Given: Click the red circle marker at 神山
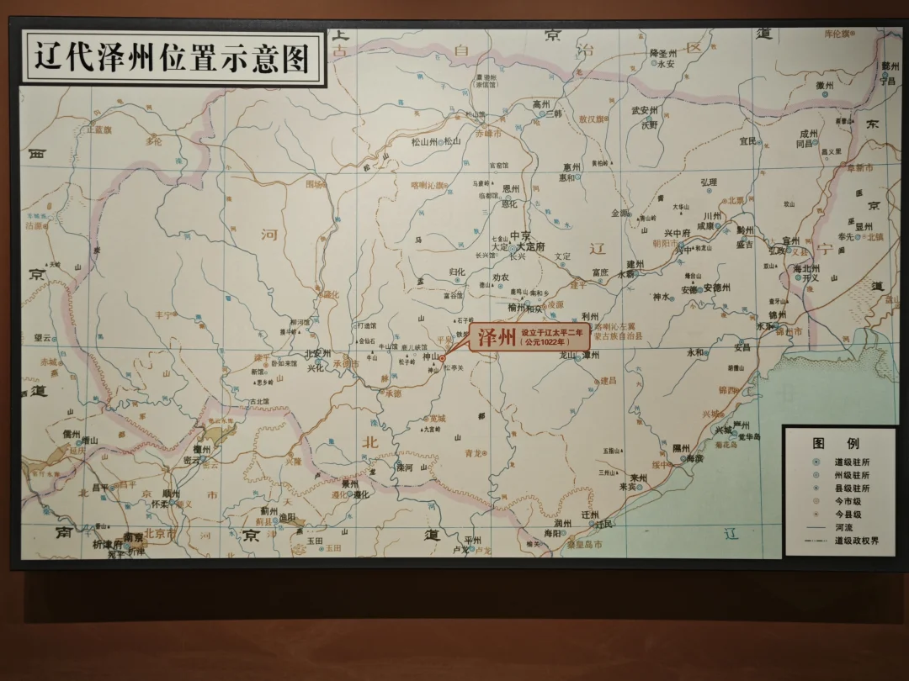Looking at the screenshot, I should pyautogui.click(x=443, y=358).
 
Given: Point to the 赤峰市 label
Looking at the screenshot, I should pyautogui.click(x=488, y=134).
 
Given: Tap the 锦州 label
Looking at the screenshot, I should pyautogui.click(x=777, y=315).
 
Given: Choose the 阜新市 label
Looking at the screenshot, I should pyautogui.click(x=858, y=168).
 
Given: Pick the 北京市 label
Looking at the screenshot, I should pyautogui.click(x=160, y=533).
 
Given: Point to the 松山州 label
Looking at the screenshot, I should pyautogui.click(x=423, y=142).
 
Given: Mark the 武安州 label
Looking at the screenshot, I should pyautogui.click(x=644, y=110).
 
